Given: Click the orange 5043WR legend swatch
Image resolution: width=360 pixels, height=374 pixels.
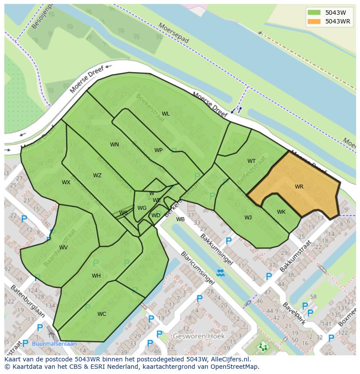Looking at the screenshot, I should pos(314,21).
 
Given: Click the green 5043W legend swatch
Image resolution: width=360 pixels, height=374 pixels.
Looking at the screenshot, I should pos(314,13).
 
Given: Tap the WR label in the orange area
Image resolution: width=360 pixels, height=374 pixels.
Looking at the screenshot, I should pos(299,187).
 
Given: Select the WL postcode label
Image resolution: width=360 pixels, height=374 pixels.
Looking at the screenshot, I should pos(166,114).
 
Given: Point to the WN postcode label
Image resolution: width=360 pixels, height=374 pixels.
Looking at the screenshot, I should pos(114,145).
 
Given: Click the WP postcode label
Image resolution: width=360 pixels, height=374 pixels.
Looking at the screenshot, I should pos(158,150).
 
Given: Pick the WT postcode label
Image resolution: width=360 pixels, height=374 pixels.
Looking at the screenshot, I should pos(251,161).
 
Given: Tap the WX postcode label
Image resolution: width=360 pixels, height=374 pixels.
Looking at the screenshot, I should pos(66,182).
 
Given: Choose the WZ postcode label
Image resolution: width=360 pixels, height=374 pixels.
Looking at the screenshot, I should pos(97,175).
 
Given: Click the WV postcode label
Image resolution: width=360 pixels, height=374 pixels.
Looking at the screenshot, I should pos(63,248).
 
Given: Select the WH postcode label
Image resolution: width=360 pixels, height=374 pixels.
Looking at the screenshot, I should pos(96,276).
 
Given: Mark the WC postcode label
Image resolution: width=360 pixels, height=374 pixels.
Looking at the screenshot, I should pos(101,314).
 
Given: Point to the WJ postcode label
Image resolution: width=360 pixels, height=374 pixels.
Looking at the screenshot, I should pos(248,218).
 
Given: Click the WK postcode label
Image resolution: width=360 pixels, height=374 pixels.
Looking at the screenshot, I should pos(281,212).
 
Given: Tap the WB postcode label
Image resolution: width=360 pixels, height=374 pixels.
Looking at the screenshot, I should pos(180,219).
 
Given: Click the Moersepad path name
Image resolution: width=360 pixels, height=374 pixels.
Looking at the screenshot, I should pos(174,33).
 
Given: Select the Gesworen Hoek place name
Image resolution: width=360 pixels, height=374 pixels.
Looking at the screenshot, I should pos(199,336).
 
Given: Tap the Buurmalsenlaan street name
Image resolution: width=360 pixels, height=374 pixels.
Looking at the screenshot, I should pos(54,344).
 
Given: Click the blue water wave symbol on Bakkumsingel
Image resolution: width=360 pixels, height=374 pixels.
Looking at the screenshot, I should pos(220,273).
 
